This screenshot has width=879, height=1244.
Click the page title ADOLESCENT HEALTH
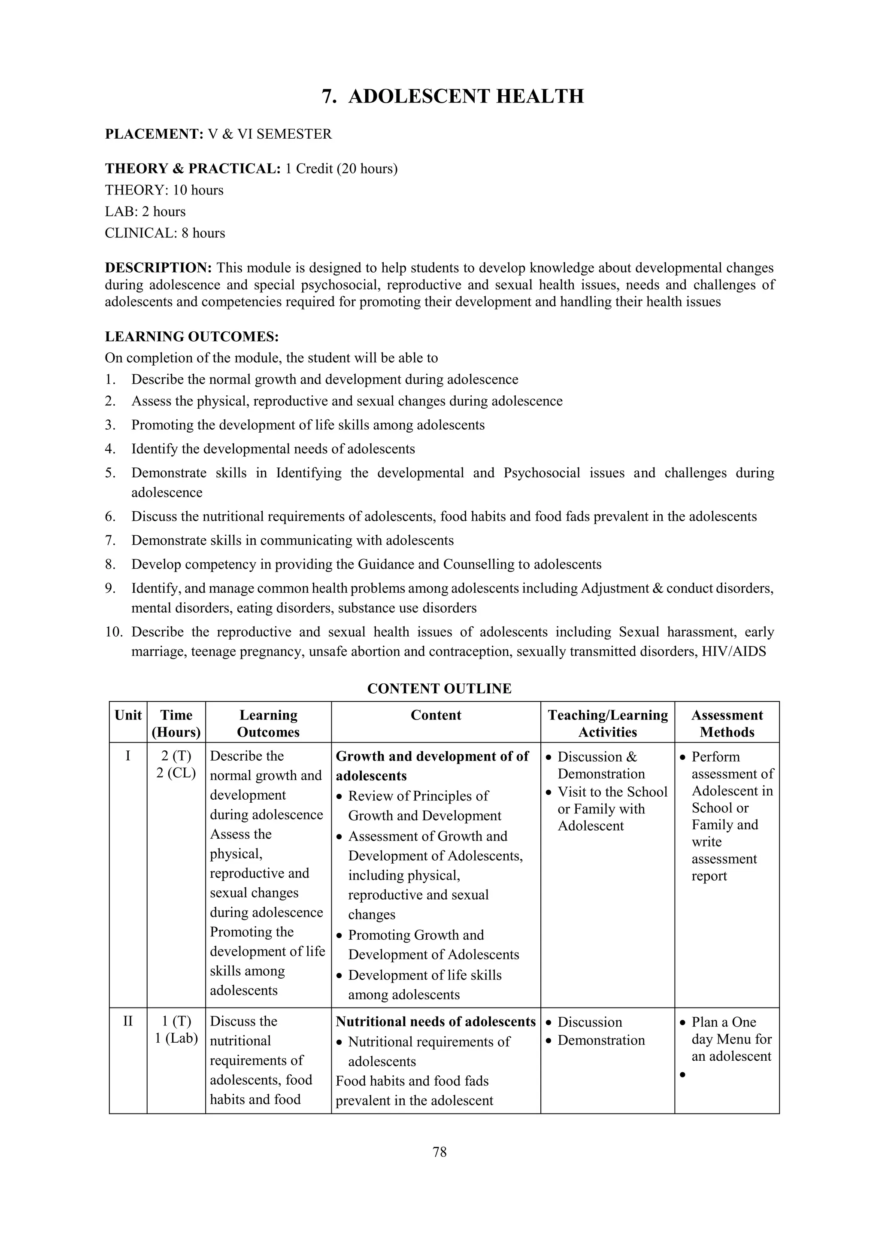[465, 97]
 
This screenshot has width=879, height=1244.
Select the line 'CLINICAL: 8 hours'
[165, 233]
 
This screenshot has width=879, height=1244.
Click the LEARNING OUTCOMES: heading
[192, 337]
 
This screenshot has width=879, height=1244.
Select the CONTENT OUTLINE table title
[439, 689]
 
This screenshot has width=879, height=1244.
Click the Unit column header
[128, 715]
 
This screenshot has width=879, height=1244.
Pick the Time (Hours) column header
[176, 723]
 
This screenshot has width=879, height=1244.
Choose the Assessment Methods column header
[727, 723]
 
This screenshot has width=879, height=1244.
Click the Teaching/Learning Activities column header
[608, 723]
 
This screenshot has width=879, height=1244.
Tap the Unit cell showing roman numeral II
[128, 1021]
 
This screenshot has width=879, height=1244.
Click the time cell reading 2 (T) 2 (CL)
[176, 765]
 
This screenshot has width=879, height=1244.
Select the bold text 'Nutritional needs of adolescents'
[436, 1022]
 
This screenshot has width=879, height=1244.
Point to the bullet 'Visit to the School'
[612, 792]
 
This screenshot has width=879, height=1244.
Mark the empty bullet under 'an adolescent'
[682, 1074]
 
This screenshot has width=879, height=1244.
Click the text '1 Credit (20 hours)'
[341, 169]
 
